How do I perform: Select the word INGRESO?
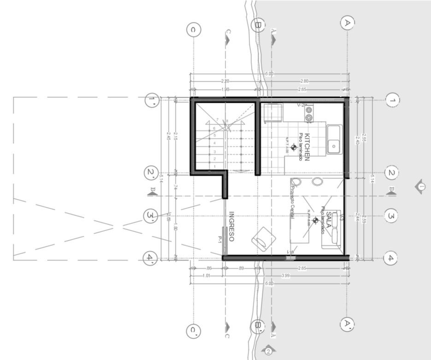[x=231, y=226]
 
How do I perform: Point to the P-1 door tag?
[x=220, y=239]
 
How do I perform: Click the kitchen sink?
[x=334, y=140]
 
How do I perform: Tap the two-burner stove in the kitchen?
[x=308, y=113]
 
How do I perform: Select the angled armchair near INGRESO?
[x=263, y=239]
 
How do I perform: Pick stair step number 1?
[x=215, y=166]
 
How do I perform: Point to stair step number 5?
[x=215, y=136]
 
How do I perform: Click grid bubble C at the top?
[x=194, y=30]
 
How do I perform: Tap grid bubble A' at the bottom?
[x=347, y=324]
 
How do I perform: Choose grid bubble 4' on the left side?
[x=150, y=257]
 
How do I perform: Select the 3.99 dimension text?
[x=286, y=276]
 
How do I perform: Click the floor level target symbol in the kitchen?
[x=294, y=148]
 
